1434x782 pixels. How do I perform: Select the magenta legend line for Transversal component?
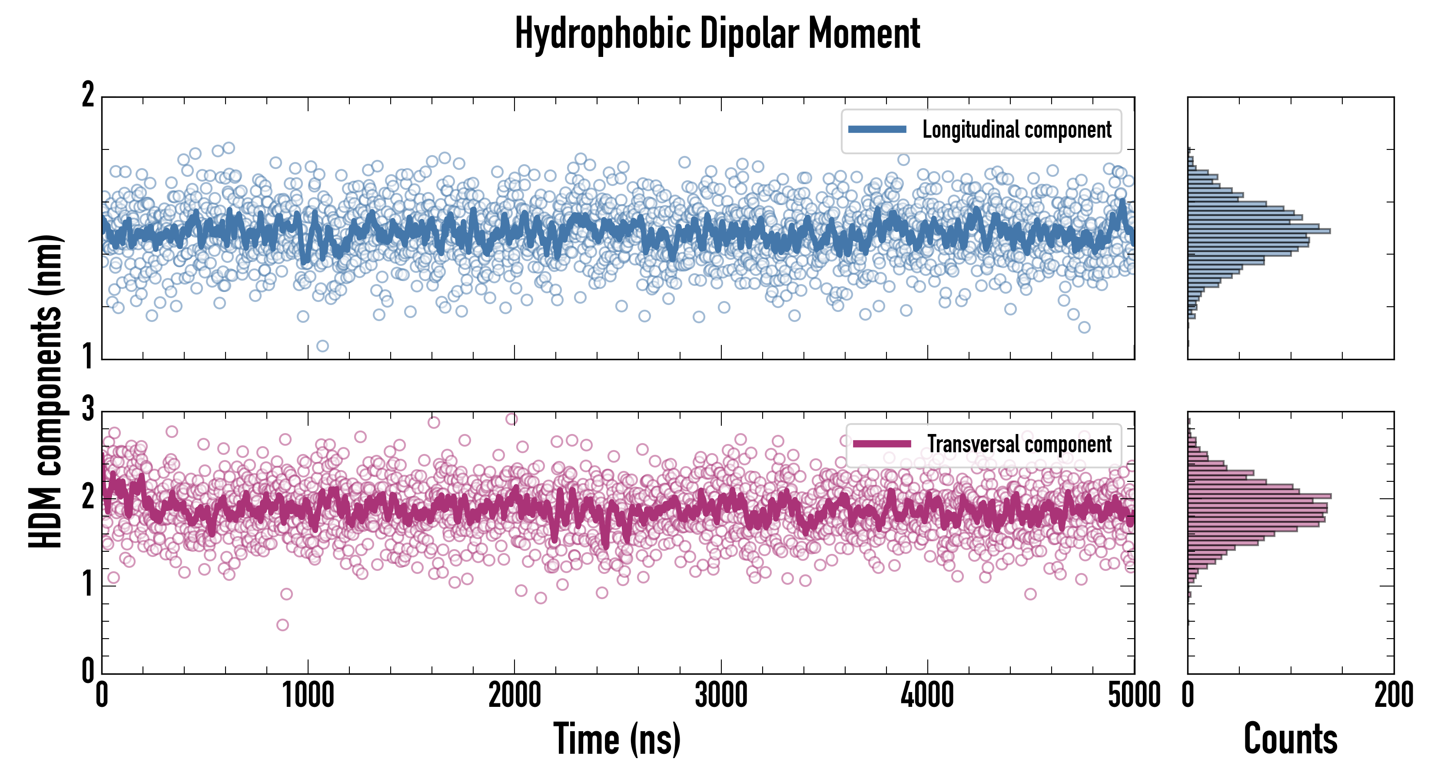coord(882,444)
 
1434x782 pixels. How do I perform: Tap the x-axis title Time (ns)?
coord(617,739)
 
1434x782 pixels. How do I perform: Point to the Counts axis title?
coord(1290,739)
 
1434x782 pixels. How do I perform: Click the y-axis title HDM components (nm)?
coord(46,391)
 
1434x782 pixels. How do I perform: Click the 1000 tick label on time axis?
coord(308,695)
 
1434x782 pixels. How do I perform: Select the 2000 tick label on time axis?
coord(515,695)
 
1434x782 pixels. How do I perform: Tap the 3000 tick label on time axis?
coord(721,695)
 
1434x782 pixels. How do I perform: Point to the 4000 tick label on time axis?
coord(927,695)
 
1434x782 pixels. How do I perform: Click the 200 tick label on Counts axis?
coord(1393,695)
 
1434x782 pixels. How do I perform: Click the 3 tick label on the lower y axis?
coord(88,410)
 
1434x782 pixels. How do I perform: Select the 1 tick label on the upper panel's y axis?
coord(88,356)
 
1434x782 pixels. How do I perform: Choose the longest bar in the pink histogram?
coord(1259,495)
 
